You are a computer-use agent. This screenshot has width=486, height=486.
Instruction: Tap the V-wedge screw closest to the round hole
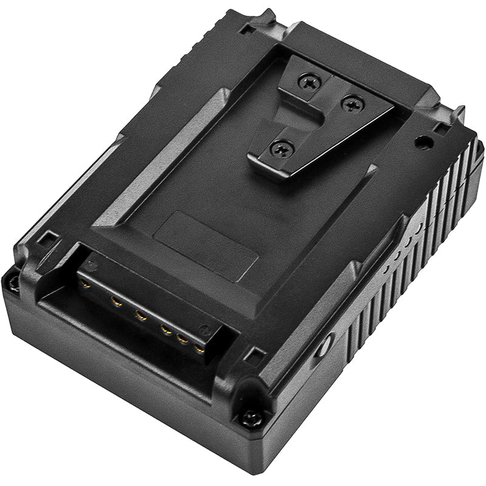[353, 104]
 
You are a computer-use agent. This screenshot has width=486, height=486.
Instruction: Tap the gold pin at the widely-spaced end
[84, 283]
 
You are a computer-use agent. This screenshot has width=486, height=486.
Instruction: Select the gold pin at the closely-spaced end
[199, 349]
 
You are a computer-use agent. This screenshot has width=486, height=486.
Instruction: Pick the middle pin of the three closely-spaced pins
[180, 339]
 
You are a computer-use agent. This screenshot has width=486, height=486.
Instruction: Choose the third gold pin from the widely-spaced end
[141, 315]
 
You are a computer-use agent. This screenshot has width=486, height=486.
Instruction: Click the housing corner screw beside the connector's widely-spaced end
[11, 281]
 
